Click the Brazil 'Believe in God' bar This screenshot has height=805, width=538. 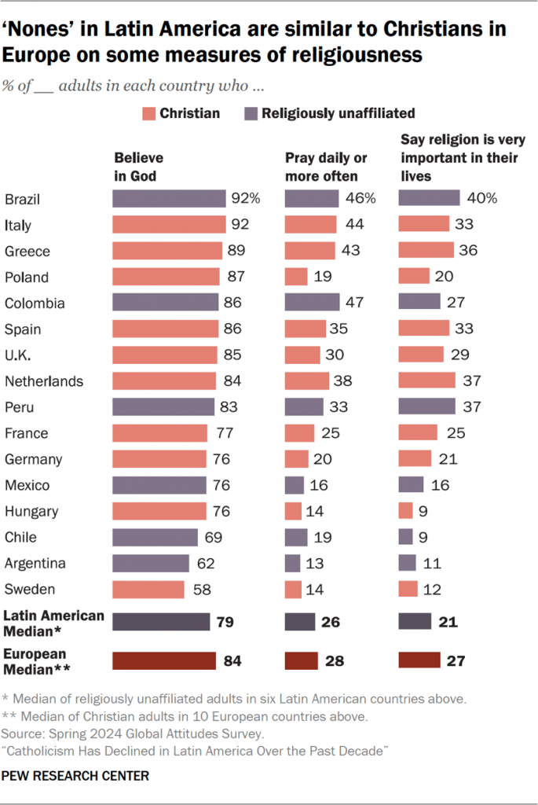pos(168,199)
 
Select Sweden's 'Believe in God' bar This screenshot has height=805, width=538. pos(148,589)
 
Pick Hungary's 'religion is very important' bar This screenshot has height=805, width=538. pos(406,511)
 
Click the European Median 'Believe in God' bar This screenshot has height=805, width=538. pos(163,660)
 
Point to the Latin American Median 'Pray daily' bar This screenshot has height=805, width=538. pos(300,623)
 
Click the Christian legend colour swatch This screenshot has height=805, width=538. pos(149,113)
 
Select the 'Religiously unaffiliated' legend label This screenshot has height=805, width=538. pos(339,113)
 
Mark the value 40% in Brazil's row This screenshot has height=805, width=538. pos(481,199)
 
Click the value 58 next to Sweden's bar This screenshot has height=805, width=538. pos(199,589)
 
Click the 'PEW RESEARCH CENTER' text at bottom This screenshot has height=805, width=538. pos(76,776)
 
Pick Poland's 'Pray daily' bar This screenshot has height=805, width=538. pos(296,277)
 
